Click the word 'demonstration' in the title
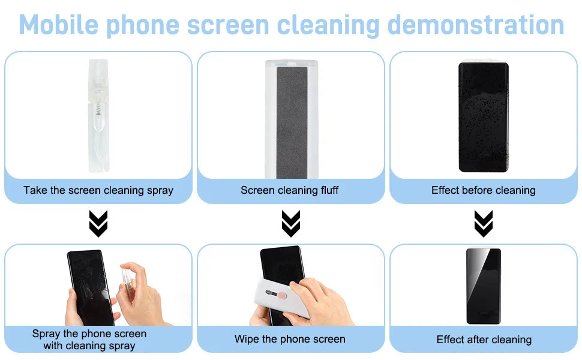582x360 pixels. [476, 25]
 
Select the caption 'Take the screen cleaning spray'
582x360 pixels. [98, 190]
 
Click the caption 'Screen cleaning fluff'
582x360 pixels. [290, 190]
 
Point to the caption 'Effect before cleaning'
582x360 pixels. [483, 190]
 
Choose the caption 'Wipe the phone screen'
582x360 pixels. [290, 339]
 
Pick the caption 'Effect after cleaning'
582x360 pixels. [484, 340]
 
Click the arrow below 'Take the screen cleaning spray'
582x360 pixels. [98, 224]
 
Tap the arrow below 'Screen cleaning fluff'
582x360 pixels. [291, 224]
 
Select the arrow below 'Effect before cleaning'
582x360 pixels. [483, 224]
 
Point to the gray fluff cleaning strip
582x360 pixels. [291, 120]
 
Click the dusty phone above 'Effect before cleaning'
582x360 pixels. [484, 117]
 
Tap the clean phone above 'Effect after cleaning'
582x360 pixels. [484, 286]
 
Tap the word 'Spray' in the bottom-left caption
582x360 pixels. [46, 334]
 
